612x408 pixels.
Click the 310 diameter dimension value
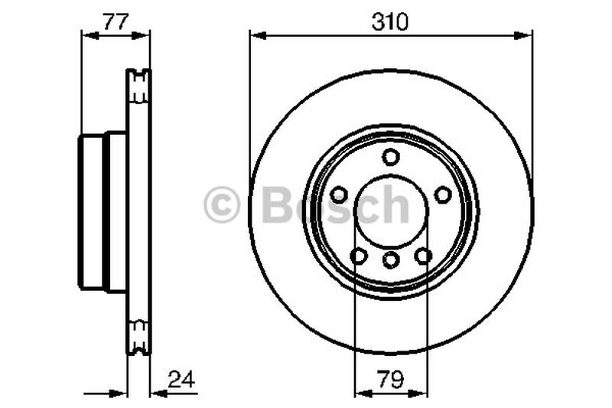(x=391, y=22)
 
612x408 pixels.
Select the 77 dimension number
(x=115, y=22)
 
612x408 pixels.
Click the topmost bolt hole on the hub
(x=391, y=157)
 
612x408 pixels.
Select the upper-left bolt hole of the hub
(x=339, y=194)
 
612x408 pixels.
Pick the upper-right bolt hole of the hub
(x=443, y=194)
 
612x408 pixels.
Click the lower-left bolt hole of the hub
(x=358, y=256)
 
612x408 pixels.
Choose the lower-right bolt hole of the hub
(x=424, y=256)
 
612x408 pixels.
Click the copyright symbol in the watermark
(x=222, y=206)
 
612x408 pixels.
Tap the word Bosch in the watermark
(x=335, y=204)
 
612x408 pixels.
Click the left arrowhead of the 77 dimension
(x=86, y=34)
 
